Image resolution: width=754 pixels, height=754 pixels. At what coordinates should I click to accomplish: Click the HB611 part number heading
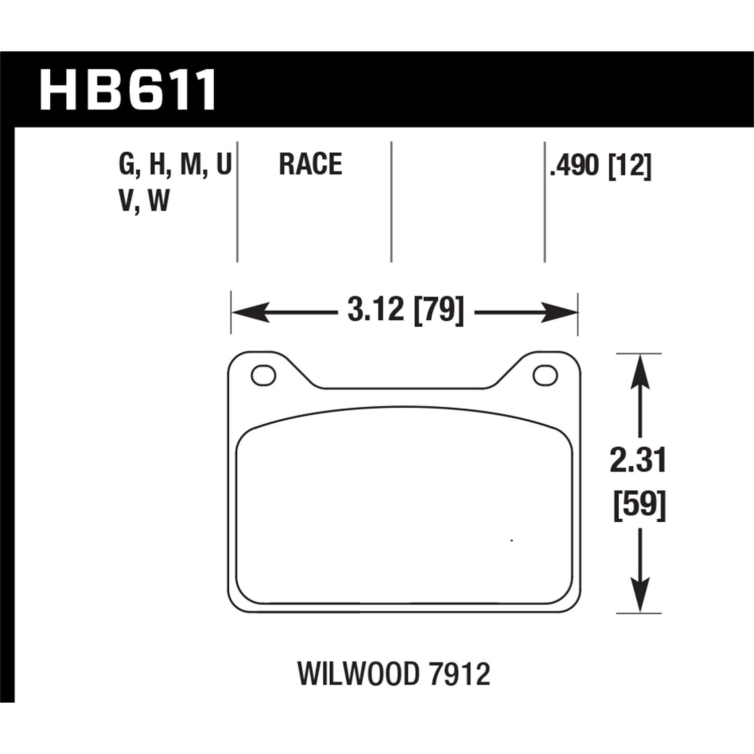coord(128,90)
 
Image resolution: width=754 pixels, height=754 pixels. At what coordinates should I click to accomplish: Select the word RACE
coord(310,164)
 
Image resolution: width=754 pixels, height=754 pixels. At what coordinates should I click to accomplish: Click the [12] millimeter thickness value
coord(629,165)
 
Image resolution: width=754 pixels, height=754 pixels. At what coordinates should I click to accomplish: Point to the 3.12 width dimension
coord(375,309)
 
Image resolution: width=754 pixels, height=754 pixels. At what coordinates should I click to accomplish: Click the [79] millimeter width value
coord(437,309)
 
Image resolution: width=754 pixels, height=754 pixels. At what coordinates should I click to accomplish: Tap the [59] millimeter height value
coord(639,505)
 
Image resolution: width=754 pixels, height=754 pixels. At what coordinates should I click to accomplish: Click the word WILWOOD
coord(357,675)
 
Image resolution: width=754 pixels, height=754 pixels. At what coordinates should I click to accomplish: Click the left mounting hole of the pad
coord(263,375)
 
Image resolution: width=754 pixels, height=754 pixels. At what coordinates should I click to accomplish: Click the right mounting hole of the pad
coord(545,375)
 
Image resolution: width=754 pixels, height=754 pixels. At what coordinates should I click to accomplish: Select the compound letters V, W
coord(144,201)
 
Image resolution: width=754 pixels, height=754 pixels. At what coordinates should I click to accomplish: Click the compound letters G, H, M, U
coord(174,165)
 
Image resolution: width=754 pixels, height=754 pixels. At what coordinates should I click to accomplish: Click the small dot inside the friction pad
coord(511,541)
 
